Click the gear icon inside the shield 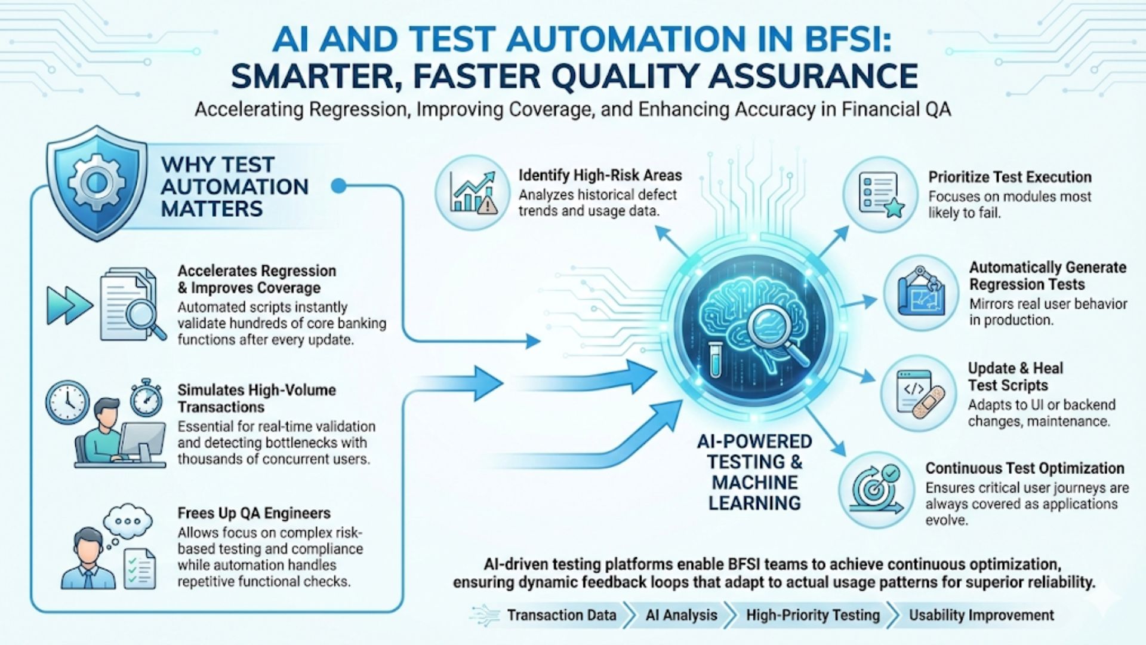point(96,183)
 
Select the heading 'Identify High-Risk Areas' point(600,176)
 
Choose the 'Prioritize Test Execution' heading point(1009,177)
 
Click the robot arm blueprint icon point(922,292)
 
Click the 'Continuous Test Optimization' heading point(1024,468)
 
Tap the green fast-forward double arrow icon point(69,305)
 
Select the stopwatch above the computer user point(146,398)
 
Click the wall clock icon point(67,402)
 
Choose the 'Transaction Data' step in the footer point(561,615)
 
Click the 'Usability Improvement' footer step point(981,615)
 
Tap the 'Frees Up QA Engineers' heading point(254,514)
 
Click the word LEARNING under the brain point(754,503)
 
